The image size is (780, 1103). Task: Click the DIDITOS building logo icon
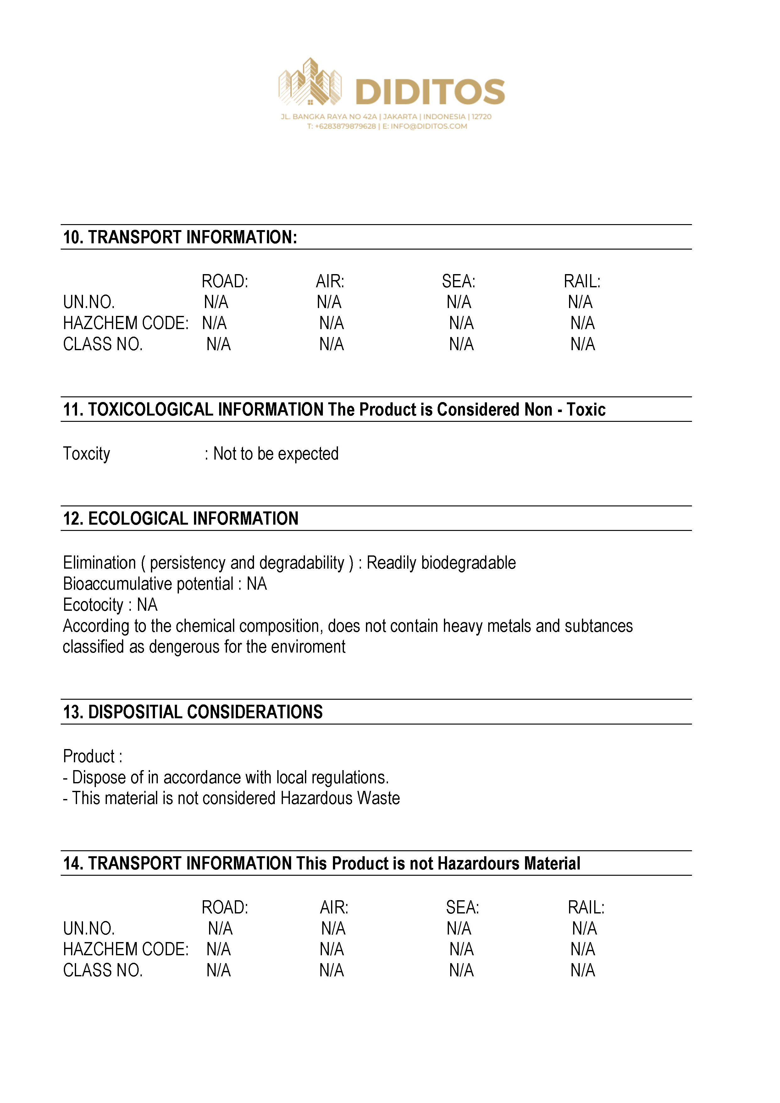pos(310,83)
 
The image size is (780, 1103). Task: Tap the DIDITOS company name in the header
pos(430,92)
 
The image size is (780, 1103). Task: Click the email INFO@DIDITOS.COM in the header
pos(429,126)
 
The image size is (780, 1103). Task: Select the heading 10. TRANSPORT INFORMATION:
pos(180,237)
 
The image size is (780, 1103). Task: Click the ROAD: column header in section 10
pos(224,281)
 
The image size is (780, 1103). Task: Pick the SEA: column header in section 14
pos(462,907)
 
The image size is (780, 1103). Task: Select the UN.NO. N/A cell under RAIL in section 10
pos(580,302)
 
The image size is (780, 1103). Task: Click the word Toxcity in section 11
pos(86,454)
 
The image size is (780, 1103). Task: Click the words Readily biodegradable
pos(441,563)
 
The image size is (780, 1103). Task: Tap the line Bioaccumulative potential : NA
pos(165,584)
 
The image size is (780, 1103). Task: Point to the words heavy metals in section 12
pos(487,626)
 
